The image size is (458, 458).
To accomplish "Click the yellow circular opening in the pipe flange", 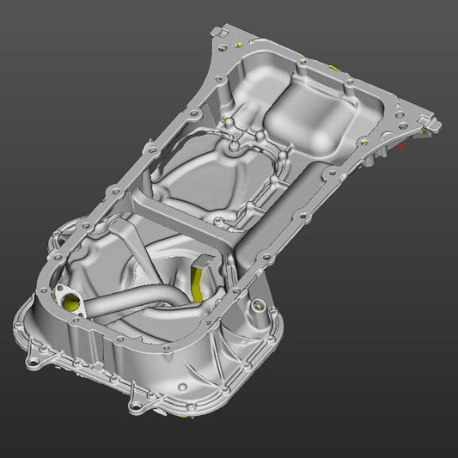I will click(68, 300).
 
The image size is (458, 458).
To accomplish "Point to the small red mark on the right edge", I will click(400, 146).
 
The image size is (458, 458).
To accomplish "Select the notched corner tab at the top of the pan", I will click(220, 34).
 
